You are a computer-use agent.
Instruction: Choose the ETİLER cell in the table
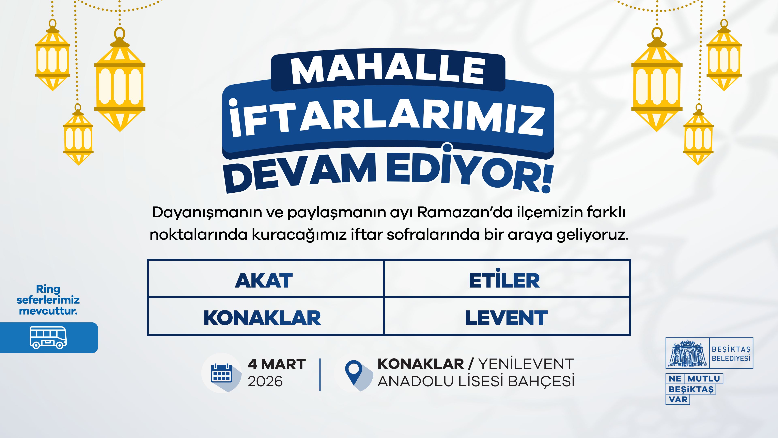[507, 278]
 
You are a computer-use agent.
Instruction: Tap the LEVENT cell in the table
[507, 317]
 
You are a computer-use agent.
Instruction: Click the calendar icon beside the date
[221, 373]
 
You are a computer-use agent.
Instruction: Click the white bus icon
[48, 338]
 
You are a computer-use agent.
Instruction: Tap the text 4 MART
[277, 364]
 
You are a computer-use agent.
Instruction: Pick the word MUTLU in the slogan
[704, 378]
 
